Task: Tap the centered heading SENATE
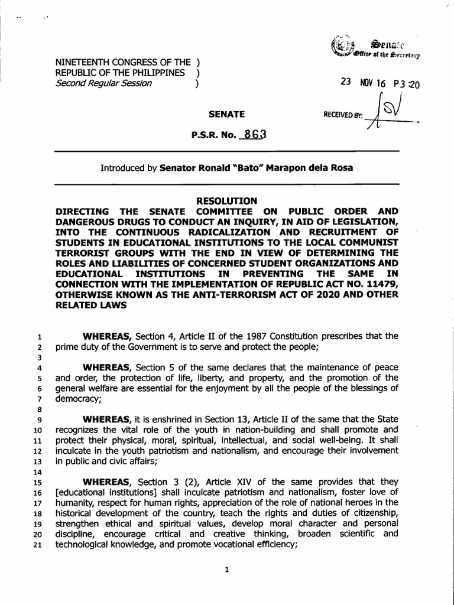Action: click(x=227, y=114)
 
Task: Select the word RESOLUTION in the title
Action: click(x=227, y=201)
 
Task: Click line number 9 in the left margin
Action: click(x=36, y=419)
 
